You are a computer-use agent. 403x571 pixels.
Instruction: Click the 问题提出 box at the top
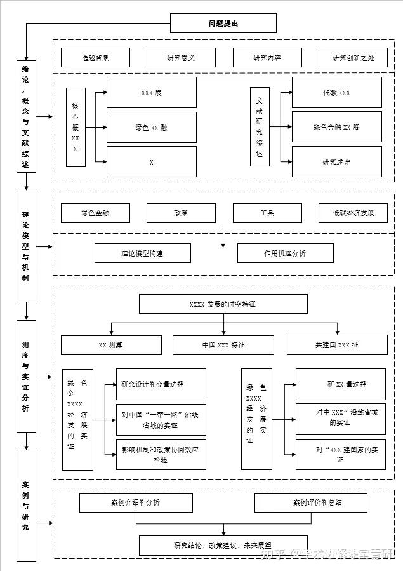(223, 24)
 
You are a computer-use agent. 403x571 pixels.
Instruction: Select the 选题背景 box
(95, 58)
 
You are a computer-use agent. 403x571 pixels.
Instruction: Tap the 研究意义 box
(181, 58)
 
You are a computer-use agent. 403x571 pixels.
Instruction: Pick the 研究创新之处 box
(353, 58)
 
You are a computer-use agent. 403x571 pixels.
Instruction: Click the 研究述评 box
(336, 162)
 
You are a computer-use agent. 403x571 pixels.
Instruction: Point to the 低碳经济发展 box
(353, 213)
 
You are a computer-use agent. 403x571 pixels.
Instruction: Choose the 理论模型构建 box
(142, 253)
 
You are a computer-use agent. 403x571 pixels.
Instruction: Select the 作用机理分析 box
(284, 253)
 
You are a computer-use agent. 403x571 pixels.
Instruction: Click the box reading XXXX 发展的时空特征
(223, 304)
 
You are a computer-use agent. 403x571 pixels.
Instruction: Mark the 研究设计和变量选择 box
(161, 384)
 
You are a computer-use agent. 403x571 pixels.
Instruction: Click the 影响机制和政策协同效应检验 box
(161, 454)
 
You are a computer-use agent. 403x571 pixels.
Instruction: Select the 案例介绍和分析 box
(136, 502)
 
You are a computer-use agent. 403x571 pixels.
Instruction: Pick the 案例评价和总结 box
(317, 502)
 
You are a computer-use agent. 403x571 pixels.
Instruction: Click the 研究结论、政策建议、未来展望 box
(223, 544)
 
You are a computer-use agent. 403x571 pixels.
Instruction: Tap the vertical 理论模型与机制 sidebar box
(26, 246)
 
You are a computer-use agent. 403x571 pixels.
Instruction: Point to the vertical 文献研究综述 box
(259, 127)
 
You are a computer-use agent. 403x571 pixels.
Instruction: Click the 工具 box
(267, 213)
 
